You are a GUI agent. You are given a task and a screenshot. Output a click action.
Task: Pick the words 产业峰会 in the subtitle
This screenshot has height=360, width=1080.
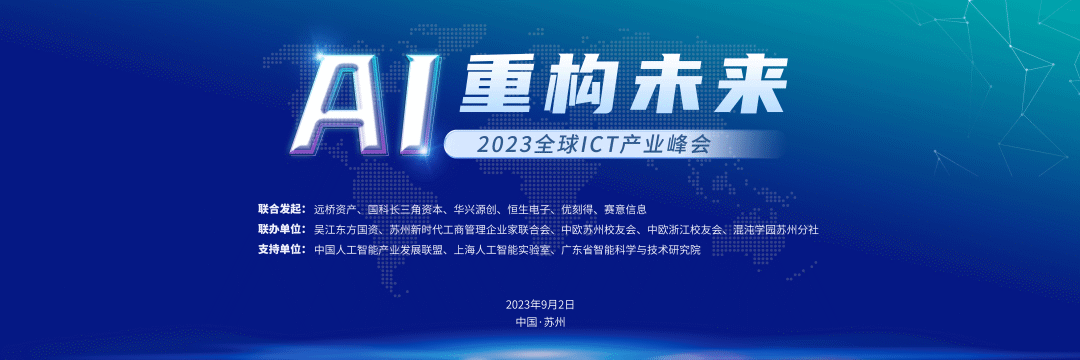coord(675,145)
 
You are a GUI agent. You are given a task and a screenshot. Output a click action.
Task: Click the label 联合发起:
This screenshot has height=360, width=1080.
coord(281,210)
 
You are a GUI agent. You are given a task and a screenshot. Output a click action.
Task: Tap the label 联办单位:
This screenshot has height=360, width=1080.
coord(281,229)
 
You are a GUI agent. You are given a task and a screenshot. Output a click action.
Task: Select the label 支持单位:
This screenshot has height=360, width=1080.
coord(281,249)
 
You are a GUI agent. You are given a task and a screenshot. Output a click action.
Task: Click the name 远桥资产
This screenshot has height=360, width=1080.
coord(335,210)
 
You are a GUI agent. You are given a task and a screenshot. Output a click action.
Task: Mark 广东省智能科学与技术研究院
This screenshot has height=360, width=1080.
coord(631,249)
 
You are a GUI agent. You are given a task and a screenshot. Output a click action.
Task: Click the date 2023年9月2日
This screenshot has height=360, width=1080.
coord(540,303)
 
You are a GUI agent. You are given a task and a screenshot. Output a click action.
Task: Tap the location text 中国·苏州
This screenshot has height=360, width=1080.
coord(540,322)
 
